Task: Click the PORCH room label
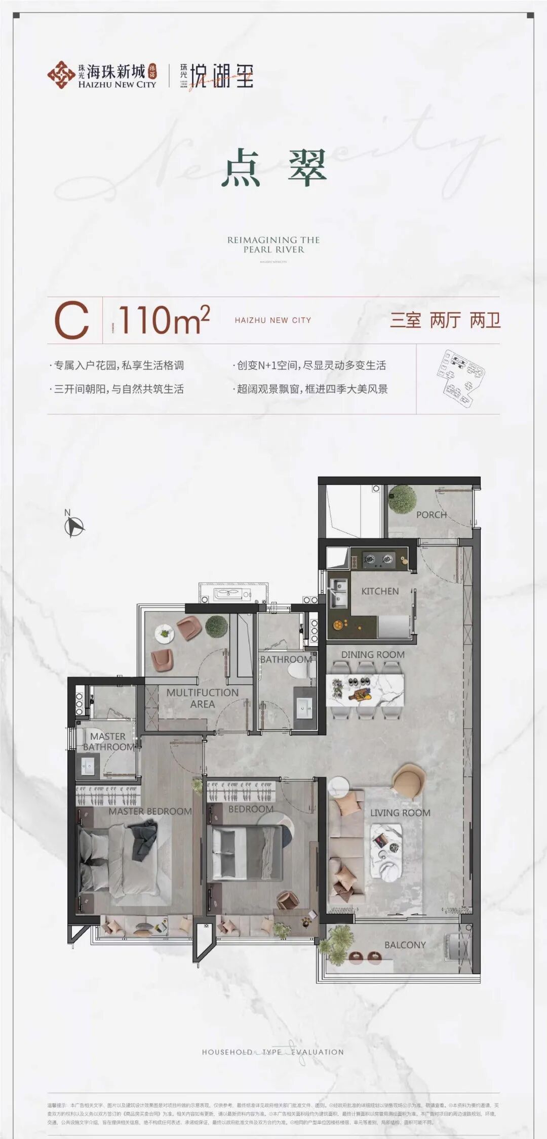(x=431, y=515)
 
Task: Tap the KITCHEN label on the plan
(x=380, y=591)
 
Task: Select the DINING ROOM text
(x=373, y=655)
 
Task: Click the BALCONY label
(x=405, y=945)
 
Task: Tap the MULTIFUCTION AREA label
(x=202, y=698)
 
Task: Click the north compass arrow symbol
(x=74, y=527)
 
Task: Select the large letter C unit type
(x=71, y=320)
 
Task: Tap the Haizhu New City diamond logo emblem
(x=61, y=75)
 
